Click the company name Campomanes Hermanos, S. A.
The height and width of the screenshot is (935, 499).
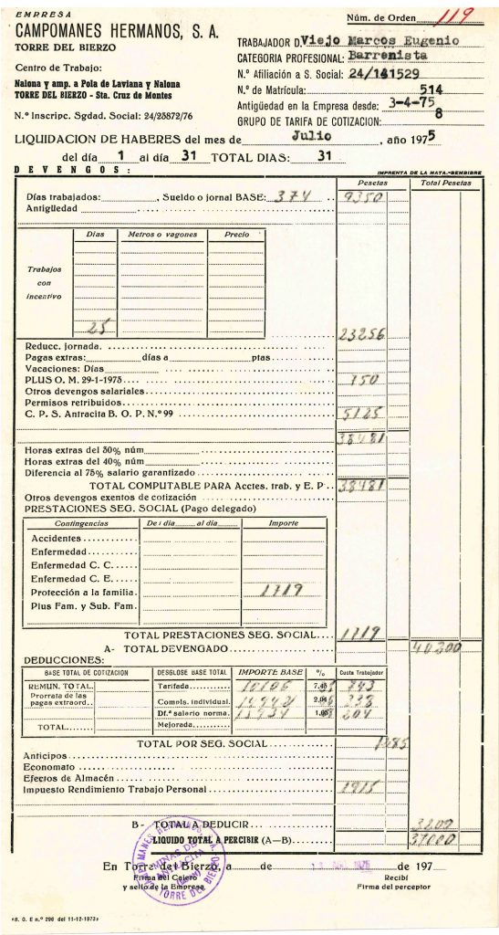click(x=118, y=32)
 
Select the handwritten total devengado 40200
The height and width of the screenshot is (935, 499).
click(x=435, y=647)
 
